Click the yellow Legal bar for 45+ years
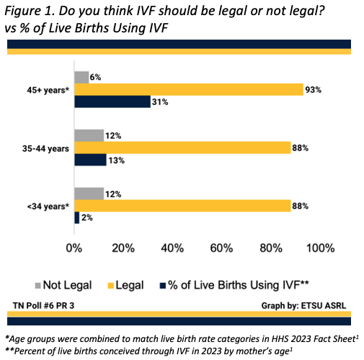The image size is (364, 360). click(x=188, y=89)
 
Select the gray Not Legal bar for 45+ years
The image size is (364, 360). click(x=81, y=77)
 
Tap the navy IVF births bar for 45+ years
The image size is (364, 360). click(x=112, y=102)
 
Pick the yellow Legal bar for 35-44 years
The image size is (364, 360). click(x=182, y=148)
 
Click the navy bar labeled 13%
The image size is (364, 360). click(x=89, y=160)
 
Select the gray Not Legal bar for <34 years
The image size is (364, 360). click(x=88, y=194)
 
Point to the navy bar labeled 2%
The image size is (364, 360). click(x=76, y=217)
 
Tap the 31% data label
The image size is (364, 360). click(x=160, y=102)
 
